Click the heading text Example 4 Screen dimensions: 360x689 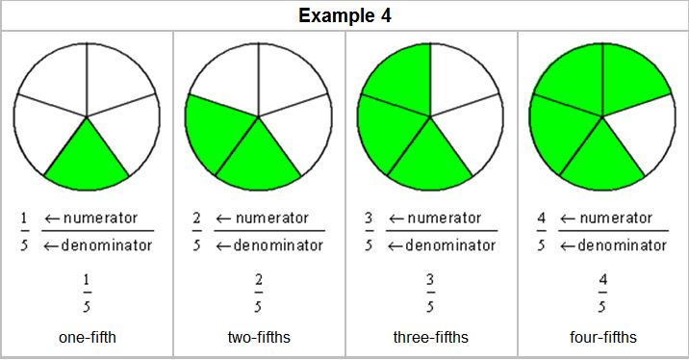344,15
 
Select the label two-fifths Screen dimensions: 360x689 258,337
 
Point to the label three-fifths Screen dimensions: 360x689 430,337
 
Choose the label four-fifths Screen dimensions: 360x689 602,337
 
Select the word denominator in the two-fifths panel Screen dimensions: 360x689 278,245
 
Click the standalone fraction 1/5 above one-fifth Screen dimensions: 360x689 86,294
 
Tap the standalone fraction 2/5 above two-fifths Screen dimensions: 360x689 258,294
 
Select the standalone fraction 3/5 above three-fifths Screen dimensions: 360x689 430,294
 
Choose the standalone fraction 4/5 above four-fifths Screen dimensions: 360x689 602,294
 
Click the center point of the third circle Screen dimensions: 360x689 431,116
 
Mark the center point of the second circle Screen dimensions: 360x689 259,116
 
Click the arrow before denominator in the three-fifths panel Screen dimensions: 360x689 394,245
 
